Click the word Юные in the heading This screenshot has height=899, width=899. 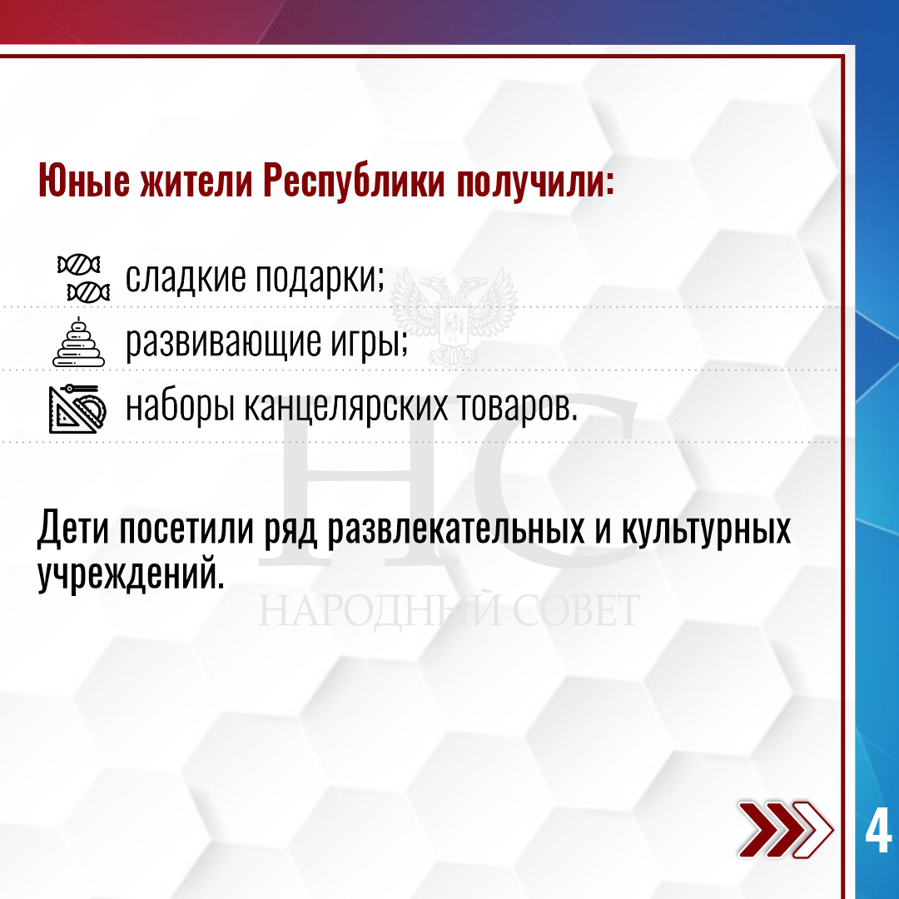pos(84,181)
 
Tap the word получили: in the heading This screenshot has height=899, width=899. pos(535,182)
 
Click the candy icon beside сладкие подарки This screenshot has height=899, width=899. pos(83,278)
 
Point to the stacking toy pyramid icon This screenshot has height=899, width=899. pos(78,342)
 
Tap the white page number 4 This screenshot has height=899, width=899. pos(878,830)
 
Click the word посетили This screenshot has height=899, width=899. pos(186,528)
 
